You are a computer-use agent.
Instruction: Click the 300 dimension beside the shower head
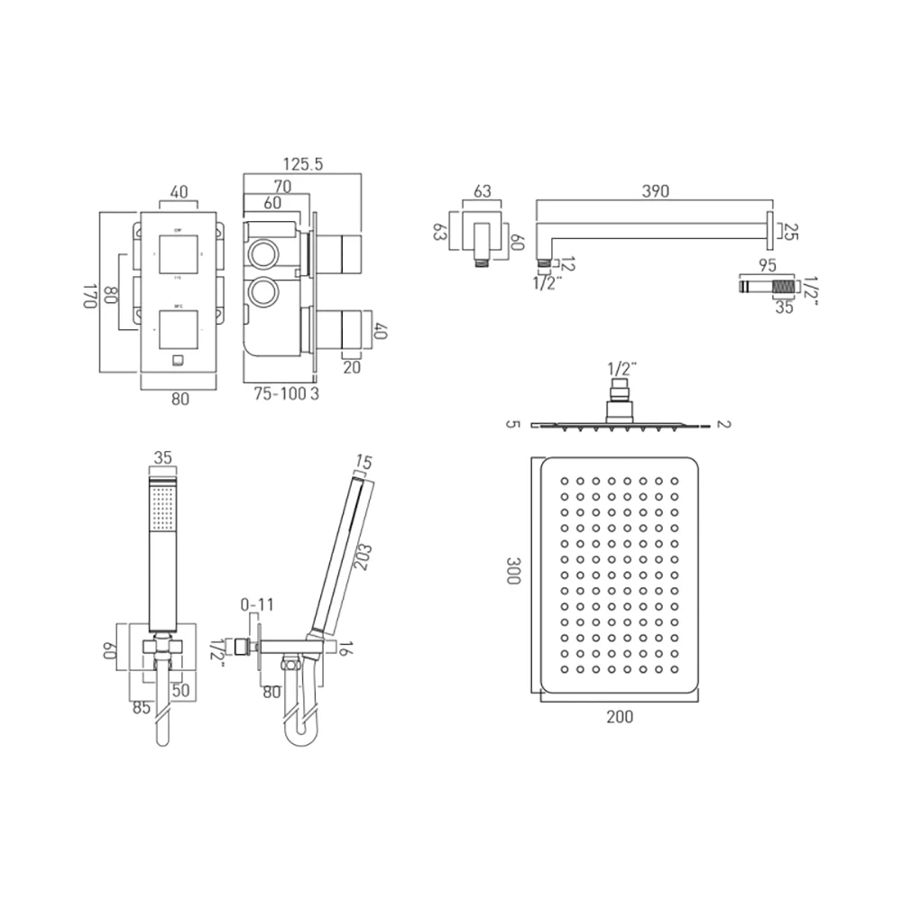[x=513, y=573]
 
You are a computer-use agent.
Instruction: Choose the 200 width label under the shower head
[x=620, y=717]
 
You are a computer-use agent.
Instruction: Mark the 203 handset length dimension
[x=362, y=550]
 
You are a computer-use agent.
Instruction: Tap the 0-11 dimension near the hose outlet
[x=255, y=603]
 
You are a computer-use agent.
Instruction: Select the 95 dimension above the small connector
[x=768, y=266]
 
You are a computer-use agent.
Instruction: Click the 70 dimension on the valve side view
[x=281, y=187]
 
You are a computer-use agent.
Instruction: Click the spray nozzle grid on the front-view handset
[x=162, y=507]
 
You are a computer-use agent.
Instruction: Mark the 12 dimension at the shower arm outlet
[x=566, y=264]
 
